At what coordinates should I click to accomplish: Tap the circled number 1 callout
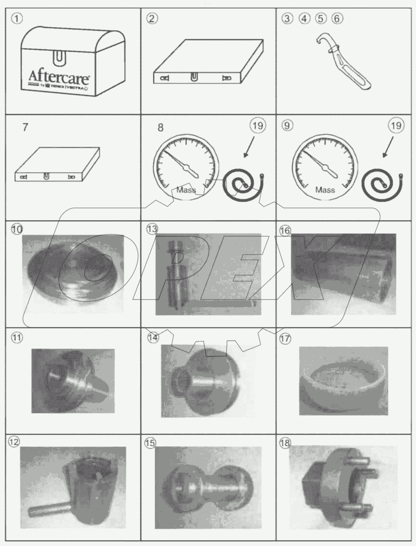(17, 18)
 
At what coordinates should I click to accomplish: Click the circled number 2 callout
(152, 18)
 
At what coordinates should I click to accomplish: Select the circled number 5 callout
(320, 18)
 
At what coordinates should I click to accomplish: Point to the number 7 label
(25, 127)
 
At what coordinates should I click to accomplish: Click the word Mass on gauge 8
(186, 190)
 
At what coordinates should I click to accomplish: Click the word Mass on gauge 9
(325, 190)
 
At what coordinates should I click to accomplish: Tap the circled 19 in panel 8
(257, 125)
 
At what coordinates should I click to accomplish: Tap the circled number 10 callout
(17, 229)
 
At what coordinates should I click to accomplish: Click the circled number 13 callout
(152, 229)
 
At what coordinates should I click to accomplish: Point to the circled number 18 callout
(284, 443)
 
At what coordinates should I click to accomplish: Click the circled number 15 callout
(150, 443)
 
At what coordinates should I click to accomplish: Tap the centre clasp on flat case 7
(46, 176)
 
